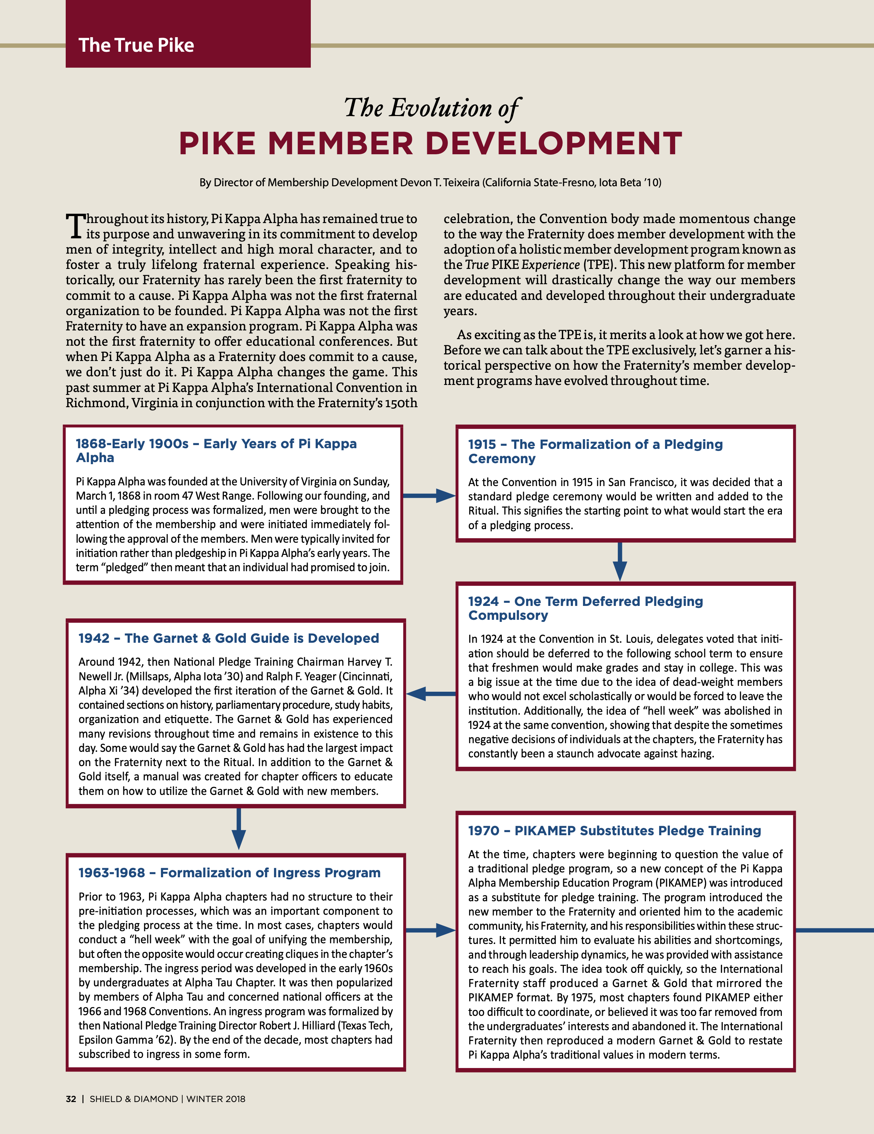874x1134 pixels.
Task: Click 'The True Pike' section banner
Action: (x=136, y=45)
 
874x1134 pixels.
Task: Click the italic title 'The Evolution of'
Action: (x=431, y=108)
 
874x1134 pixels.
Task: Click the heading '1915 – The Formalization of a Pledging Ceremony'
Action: (x=595, y=451)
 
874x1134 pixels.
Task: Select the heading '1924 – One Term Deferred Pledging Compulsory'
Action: (x=585, y=608)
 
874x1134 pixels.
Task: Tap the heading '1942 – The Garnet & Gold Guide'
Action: (x=229, y=638)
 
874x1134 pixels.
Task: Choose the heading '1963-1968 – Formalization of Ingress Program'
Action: (x=229, y=873)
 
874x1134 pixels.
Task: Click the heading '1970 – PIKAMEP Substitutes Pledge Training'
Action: (x=614, y=831)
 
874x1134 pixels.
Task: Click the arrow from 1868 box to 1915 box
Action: (x=429, y=496)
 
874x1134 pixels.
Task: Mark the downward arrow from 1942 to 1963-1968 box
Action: (x=238, y=829)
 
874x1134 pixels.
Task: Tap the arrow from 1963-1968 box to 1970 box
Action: (x=430, y=930)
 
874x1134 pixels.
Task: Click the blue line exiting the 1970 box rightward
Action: (x=834, y=930)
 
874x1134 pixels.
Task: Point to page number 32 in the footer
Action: (x=71, y=1099)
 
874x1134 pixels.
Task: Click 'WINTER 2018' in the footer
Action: (x=216, y=1099)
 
